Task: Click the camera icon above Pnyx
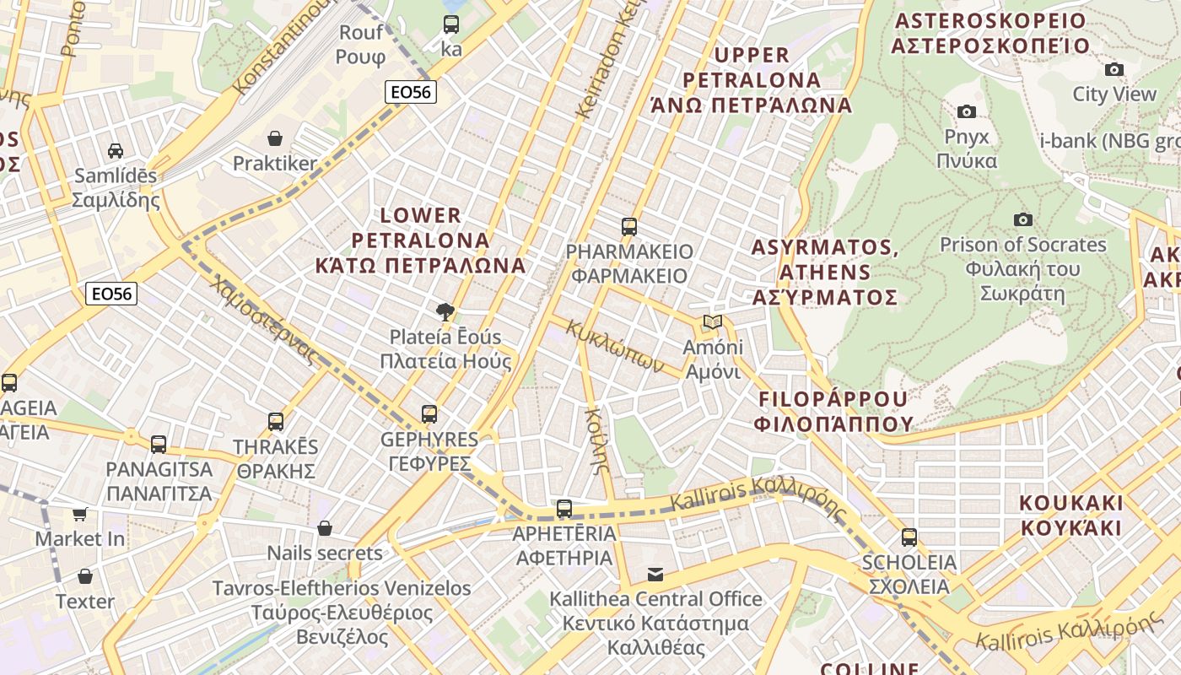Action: tap(967, 111)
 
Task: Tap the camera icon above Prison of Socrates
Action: tap(1022, 220)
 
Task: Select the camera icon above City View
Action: tap(1114, 69)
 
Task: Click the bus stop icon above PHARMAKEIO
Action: tap(629, 226)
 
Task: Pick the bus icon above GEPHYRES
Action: tap(429, 414)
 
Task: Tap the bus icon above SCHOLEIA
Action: tap(909, 537)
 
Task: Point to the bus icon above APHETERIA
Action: tap(564, 509)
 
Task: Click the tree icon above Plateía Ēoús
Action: tap(445, 313)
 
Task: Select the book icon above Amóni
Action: tap(713, 322)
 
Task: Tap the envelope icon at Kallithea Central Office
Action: tap(655, 575)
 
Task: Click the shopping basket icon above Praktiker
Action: tap(274, 138)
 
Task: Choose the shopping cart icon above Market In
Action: tap(80, 513)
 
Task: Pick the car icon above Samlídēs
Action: tap(116, 151)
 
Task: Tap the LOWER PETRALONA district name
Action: tap(420, 240)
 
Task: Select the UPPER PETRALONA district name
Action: tap(751, 80)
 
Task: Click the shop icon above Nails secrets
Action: tap(325, 528)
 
